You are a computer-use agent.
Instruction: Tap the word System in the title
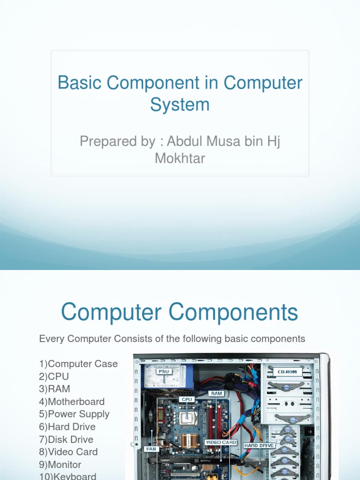click(180, 104)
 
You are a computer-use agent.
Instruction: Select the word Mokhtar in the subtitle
click(180, 158)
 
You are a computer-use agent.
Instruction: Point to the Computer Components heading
click(180, 312)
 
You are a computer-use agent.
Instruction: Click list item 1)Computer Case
click(78, 364)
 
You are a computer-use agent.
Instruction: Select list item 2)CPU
click(54, 376)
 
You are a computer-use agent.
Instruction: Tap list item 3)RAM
click(54, 389)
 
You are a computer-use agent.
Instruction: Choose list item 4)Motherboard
click(72, 402)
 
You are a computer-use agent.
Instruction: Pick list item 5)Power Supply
click(74, 414)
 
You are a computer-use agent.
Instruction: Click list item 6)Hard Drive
click(67, 427)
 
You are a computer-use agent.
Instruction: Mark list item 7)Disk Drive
click(66, 440)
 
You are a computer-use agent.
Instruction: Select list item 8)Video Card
click(68, 452)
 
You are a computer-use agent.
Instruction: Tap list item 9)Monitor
click(60, 465)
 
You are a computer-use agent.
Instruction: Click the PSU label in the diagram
click(164, 372)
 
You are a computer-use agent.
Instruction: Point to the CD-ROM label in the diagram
click(287, 372)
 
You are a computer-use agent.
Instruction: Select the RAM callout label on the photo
click(217, 394)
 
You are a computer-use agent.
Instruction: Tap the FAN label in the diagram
click(151, 449)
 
